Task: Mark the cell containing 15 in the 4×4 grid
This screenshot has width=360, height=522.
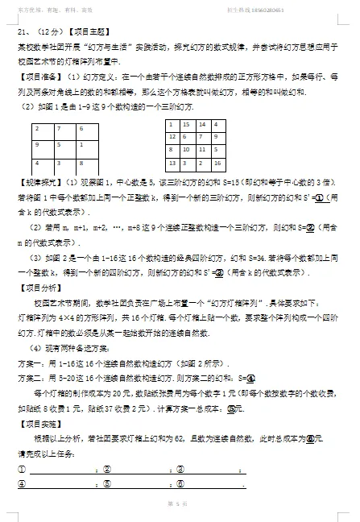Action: coord(186,125)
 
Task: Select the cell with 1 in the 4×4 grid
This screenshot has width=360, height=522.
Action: coord(172,125)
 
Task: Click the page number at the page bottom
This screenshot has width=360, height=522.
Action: coord(179,503)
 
